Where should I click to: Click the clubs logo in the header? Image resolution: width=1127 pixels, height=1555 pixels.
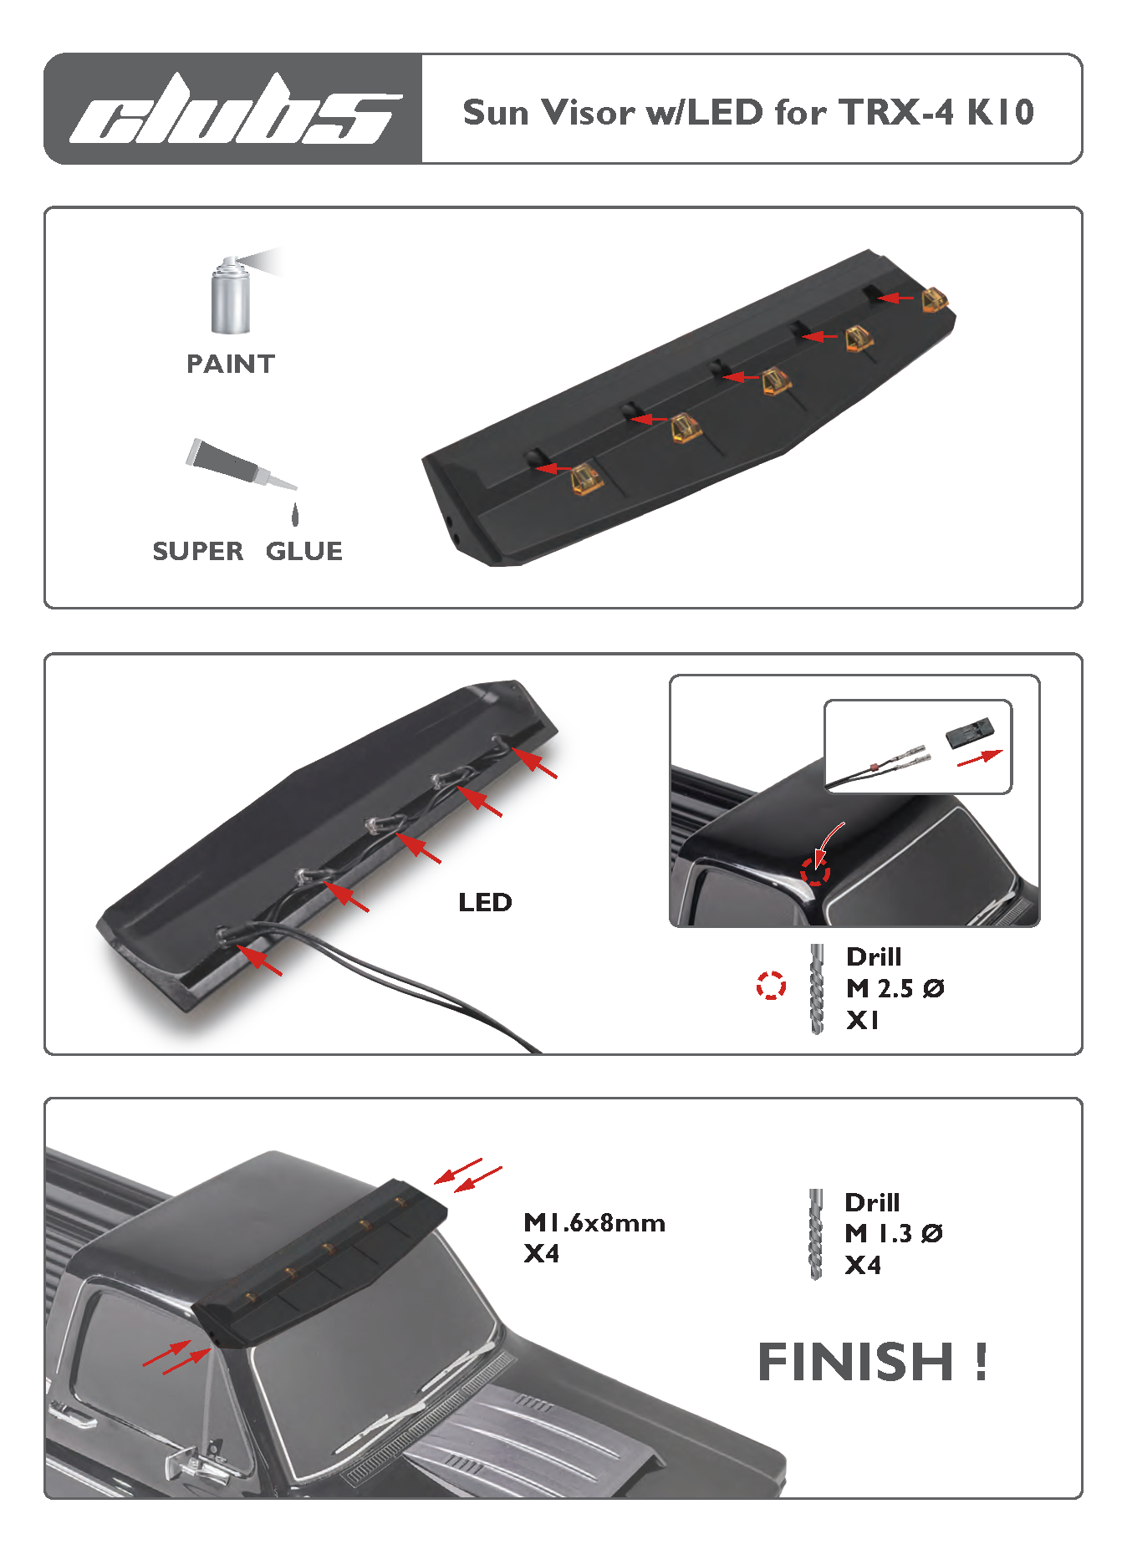[235, 109]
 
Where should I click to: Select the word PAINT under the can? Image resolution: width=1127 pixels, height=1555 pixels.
[231, 364]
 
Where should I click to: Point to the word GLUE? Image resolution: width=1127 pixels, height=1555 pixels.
[304, 551]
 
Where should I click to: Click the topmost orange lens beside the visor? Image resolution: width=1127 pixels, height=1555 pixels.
[935, 299]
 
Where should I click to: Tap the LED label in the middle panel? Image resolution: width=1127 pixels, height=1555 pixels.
[485, 902]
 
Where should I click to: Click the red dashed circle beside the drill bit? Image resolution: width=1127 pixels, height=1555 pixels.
[771, 986]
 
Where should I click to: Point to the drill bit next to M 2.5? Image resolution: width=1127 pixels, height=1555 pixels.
[817, 989]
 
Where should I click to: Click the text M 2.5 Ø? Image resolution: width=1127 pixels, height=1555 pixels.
[895, 988]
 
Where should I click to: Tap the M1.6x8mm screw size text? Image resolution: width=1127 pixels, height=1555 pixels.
[594, 1223]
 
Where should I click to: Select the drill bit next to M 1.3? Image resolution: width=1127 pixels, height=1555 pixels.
[816, 1235]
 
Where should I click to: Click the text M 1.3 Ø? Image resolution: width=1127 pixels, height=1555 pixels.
[894, 1233]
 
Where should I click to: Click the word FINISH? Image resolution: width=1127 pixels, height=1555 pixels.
[855, 1362]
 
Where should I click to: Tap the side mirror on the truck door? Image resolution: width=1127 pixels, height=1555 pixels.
[196, 1458]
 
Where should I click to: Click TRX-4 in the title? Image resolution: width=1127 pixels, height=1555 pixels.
[895, 112]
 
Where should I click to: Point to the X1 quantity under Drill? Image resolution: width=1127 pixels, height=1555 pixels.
[862, 1020]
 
